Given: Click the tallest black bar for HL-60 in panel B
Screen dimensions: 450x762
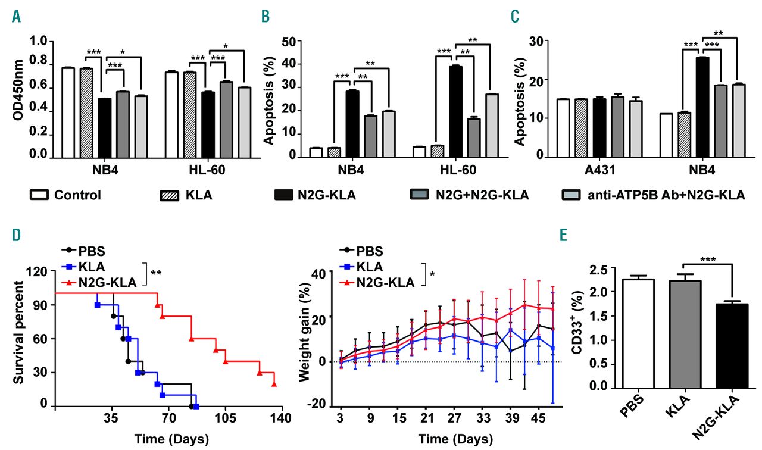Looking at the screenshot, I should (455, 111).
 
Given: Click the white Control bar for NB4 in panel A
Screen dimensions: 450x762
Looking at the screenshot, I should (68, 112).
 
